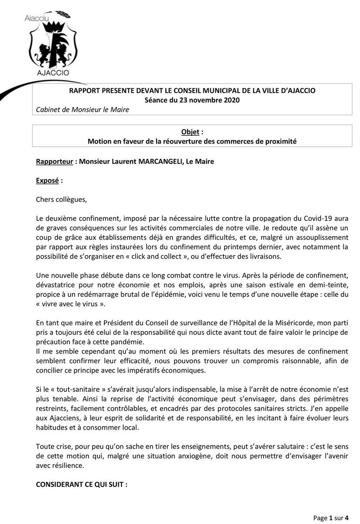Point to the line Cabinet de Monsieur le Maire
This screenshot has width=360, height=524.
(83, 109)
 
